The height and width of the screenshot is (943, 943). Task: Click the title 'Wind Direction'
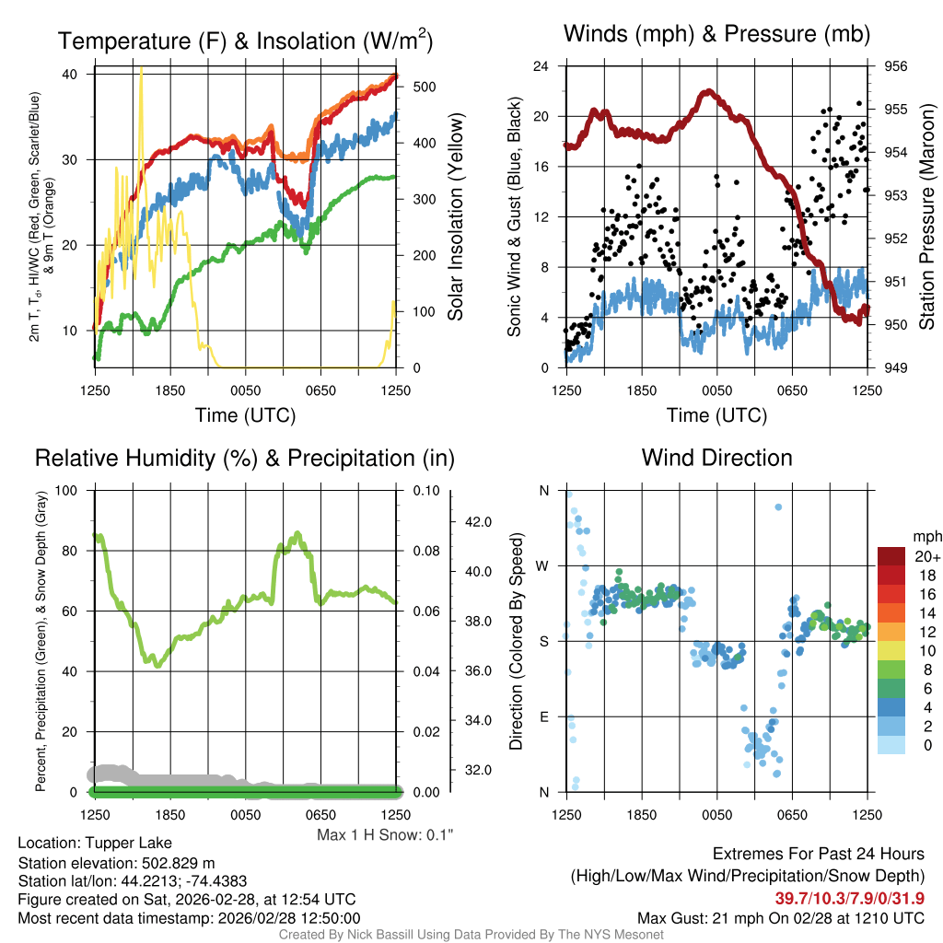click(716, 458)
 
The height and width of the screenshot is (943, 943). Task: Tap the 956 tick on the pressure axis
click(896, 66)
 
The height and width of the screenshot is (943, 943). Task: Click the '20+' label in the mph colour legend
click(927, 556)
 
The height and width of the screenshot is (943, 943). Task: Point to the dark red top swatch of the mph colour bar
click(891, 556)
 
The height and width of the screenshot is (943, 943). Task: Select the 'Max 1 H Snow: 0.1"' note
click(385, 834)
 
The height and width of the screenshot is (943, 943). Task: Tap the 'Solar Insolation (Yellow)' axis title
click(455, 217)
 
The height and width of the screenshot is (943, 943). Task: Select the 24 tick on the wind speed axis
click(541, 66)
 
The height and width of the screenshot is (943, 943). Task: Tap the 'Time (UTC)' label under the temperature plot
click(245, 415)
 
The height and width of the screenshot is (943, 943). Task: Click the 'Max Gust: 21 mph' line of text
click(781, 917)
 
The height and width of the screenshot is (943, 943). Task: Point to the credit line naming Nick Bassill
click(471, 935)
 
